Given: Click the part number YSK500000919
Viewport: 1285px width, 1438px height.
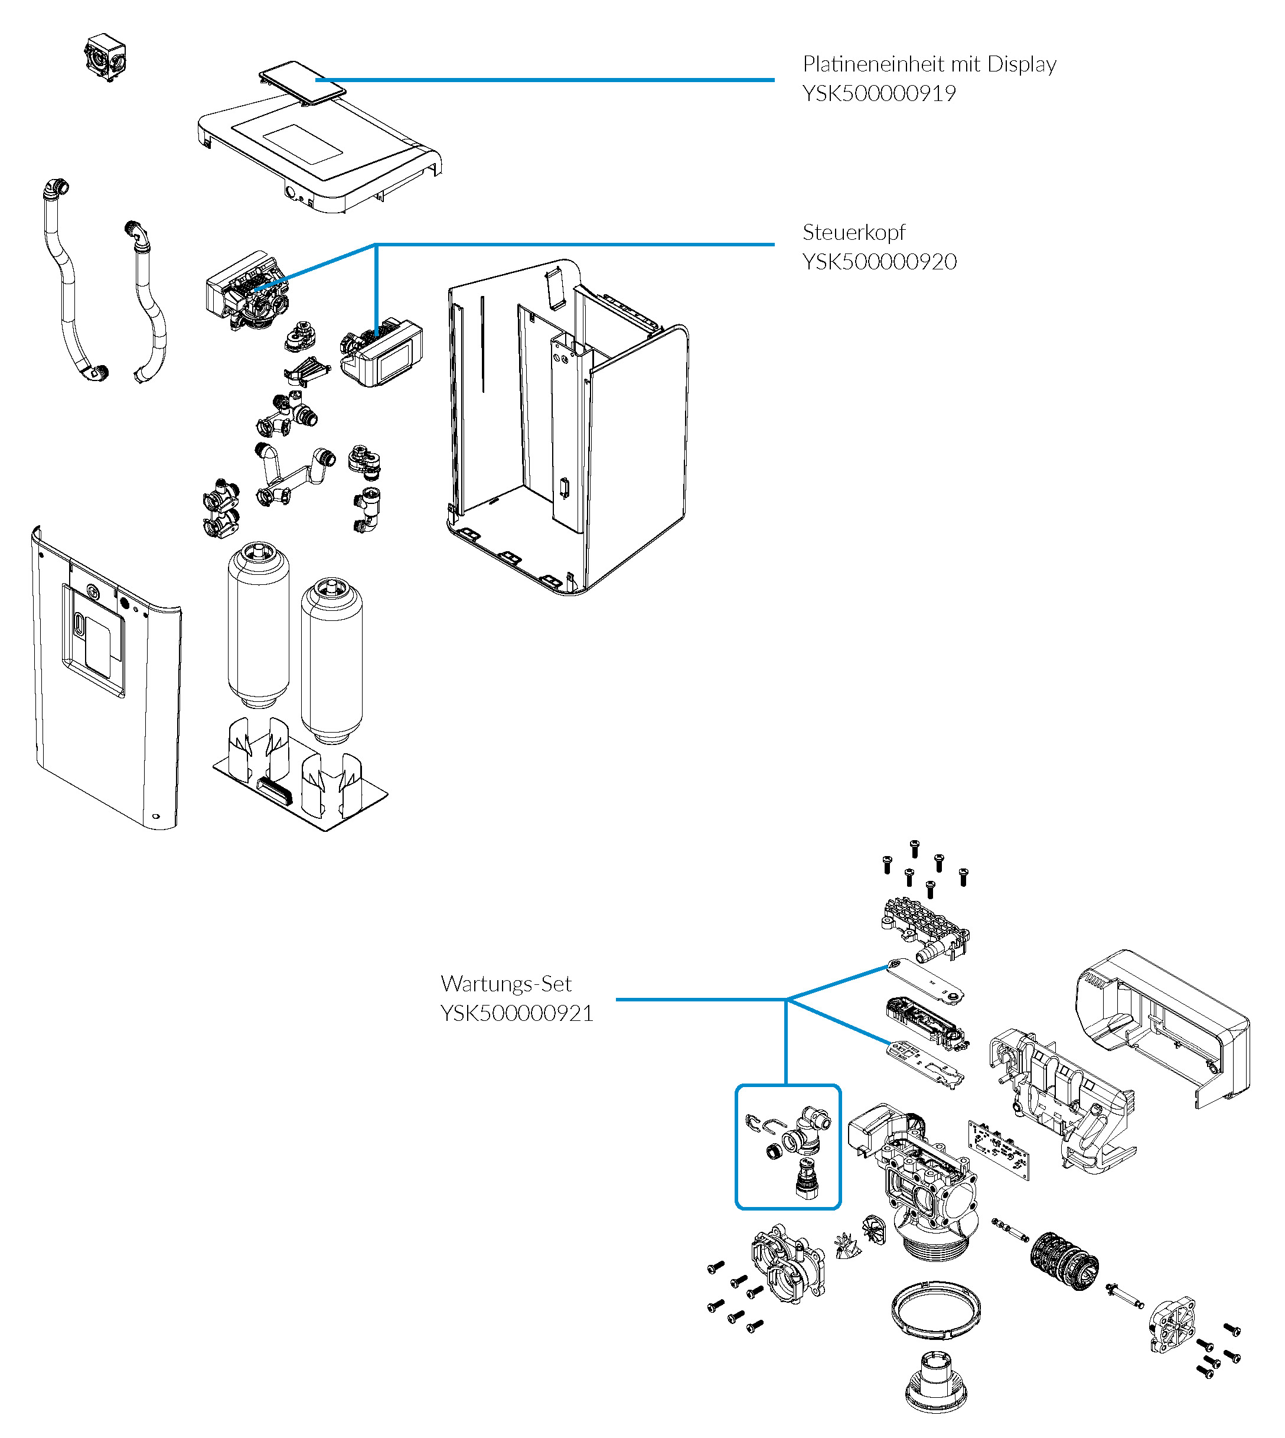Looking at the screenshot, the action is point(879,93).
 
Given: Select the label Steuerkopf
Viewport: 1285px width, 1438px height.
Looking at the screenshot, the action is point(853,232).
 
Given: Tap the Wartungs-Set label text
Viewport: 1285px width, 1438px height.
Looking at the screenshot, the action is point(505,984).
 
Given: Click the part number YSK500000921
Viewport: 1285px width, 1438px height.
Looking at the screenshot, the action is point(517,1014).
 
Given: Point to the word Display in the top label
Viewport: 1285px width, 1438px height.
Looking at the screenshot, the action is point(1022,64).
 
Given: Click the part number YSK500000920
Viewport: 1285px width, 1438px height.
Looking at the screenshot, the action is point(880,262).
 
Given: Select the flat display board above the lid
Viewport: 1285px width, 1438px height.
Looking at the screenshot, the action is point(302,83).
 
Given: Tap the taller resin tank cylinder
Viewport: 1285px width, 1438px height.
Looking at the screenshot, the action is point(259,625).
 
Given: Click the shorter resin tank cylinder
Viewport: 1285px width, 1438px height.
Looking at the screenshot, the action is point(331,661).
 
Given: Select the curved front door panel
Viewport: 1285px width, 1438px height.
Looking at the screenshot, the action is point(106,678).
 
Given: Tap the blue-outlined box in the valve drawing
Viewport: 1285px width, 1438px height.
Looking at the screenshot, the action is point(788,1146).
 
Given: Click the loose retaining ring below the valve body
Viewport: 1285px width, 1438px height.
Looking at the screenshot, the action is point(936,1309).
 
